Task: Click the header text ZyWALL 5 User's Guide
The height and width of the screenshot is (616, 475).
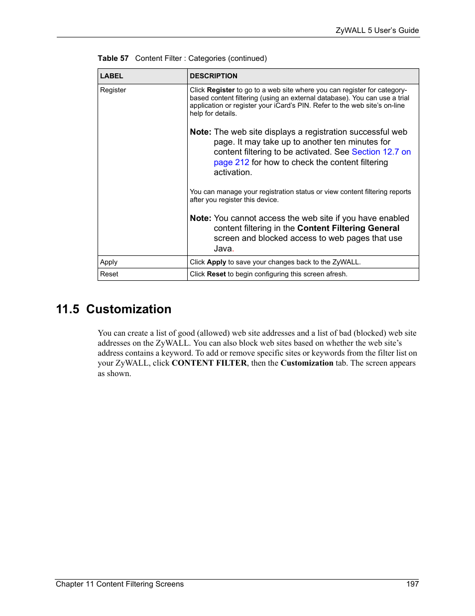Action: [x=377, y=30]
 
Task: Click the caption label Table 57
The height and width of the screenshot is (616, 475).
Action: [x=113, y=58]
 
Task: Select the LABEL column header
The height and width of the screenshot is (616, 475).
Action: [x=112, y=76]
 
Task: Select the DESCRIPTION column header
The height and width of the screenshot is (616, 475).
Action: [x=214, y=76]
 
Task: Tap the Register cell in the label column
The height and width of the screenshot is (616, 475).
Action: [x=113, y=90]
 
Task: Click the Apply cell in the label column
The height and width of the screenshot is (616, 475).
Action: [x=109, y=262]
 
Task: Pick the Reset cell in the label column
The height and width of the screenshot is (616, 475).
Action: [x=109, y=274]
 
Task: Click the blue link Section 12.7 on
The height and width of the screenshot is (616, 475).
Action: [x=381, y=152]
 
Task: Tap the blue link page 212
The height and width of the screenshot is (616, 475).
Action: [x=232, y=163]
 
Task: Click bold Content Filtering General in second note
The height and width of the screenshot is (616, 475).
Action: [x=348, y=228]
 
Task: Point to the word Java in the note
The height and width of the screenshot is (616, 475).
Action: [x=223, y=249]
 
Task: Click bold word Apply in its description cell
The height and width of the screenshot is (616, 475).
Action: [x=217, y=262]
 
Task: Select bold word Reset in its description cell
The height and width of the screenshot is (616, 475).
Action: [x=217, y=274]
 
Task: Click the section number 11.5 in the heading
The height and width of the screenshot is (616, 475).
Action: [x=68, y=309]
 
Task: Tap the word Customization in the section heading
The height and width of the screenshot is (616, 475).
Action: [x=128, y=309]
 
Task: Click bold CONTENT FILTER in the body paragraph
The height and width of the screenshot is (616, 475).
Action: [x=209, y=363]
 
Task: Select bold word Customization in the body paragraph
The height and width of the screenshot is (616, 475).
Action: [x=307, y=363]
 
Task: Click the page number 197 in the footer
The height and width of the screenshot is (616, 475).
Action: [x=412, y=584]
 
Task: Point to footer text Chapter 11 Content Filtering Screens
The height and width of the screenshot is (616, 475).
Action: [x=119, y=584]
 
